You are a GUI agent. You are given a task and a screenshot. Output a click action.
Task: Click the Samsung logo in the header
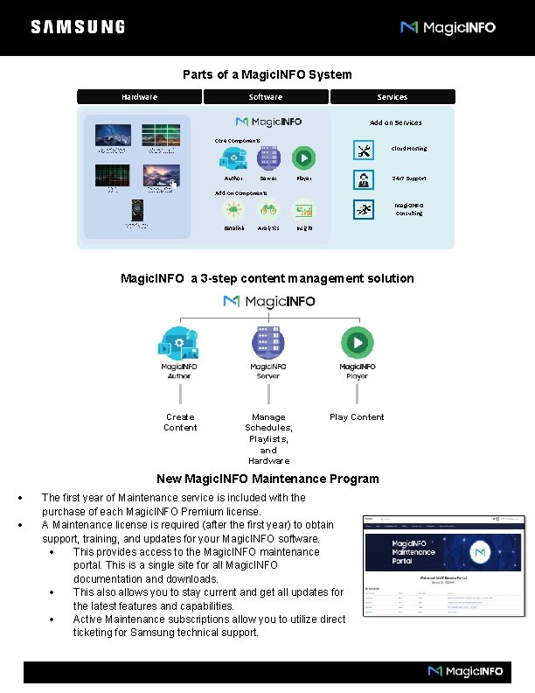(78, 27)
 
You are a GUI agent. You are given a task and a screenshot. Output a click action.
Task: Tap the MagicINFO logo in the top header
(448, 28)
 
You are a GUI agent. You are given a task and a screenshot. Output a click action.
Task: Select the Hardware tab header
(139, 97)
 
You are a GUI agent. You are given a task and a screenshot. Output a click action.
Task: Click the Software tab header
(265, 97)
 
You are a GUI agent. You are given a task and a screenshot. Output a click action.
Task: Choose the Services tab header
(392, 97)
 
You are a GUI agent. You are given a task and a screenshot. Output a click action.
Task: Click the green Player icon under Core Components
(303, 157)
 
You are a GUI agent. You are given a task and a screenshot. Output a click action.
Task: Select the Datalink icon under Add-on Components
(233, 210)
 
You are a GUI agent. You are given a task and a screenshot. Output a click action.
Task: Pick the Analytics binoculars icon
(268, 210)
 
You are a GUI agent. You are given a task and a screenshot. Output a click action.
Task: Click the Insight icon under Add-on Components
(303, 210)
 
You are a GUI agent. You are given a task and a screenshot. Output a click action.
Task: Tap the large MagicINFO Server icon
(268, 341)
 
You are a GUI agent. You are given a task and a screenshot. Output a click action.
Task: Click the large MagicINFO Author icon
(178, 341)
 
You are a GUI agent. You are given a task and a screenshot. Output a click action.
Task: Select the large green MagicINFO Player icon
(357, 341)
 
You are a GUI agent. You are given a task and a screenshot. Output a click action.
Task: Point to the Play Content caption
(357, 417)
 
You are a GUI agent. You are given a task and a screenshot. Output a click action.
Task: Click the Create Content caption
(180, 423)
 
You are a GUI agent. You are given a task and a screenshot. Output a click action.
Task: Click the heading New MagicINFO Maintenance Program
(267, 479)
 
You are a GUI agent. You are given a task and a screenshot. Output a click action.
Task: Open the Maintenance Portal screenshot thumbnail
(444, 566)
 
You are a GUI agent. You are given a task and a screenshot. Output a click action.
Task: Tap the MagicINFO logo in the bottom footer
(465, 671)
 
